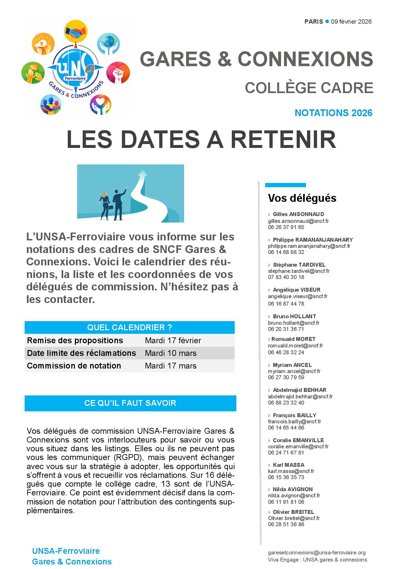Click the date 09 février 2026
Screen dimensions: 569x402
point(351,22)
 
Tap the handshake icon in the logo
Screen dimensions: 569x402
point(75,31)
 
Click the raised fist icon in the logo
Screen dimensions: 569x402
point(118,73)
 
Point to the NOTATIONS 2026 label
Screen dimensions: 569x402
point(333,113)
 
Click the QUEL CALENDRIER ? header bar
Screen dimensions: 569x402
point(129,327)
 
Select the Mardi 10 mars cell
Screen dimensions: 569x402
point(171,353)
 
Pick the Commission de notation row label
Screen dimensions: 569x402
point(74,366)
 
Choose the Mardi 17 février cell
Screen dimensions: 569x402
point(173,341)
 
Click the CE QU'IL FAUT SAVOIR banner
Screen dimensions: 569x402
point(130,403)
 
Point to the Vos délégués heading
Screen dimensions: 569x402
point(302,198)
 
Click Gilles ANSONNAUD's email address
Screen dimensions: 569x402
point(298,221)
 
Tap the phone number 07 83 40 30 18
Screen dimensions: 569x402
point(286,277)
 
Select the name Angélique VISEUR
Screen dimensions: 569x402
point(296,290)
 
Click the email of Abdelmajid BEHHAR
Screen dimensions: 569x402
point(300,396)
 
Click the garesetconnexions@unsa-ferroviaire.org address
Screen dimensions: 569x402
point(317,552)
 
